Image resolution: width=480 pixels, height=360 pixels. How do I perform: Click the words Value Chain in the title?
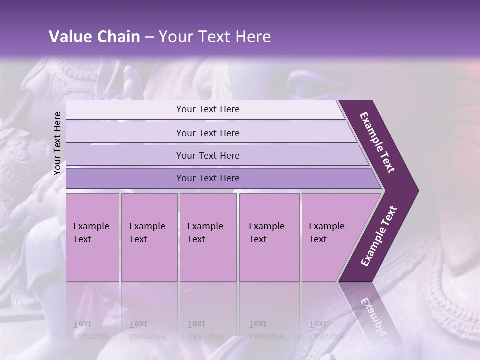[94, 37]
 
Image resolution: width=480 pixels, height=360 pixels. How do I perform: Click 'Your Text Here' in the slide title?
[215, 37]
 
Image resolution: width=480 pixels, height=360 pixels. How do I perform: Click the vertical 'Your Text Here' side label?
[57, 144]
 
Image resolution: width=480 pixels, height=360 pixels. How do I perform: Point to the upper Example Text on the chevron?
[377, 142]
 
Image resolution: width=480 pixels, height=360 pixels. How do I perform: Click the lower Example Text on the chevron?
[379, 236]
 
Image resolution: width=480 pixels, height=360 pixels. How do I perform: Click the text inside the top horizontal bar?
[208, 109]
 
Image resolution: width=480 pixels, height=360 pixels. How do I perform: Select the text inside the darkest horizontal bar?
[208, 178]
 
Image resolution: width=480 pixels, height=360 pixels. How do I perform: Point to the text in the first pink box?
[91, 233]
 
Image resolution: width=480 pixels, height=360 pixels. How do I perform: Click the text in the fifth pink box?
[326, 233]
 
